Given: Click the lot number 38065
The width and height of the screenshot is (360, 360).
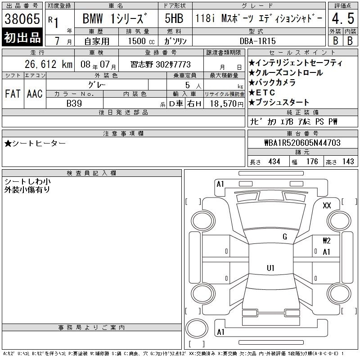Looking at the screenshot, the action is click(22, 18).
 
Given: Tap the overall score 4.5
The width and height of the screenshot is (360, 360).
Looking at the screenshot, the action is click(343, 18).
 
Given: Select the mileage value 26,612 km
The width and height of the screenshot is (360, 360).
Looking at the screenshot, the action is click(49, 64).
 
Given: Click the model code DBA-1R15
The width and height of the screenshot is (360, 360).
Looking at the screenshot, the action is click(257, 41).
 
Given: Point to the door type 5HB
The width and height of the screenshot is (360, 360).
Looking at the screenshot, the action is click(174, 18).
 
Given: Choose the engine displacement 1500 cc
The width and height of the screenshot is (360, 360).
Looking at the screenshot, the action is click(141, 41).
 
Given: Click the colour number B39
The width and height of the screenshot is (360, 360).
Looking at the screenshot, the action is click(74, 103).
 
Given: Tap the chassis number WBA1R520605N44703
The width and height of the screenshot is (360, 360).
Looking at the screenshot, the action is click(302, 143).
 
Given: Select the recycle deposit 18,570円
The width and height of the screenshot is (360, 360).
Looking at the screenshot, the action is click(227, 104).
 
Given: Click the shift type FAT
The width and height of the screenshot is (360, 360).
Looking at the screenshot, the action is click(13, 94).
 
